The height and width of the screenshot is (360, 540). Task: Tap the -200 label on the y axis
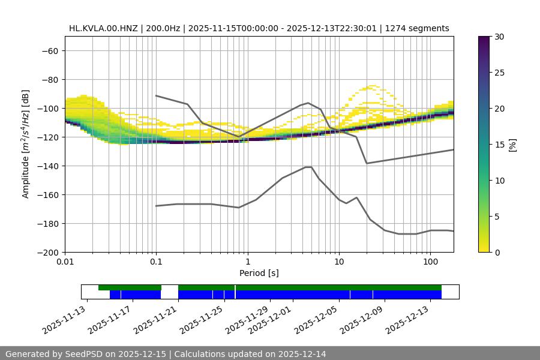[x=47, y=252]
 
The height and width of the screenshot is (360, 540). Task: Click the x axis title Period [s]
[x=259, y=273]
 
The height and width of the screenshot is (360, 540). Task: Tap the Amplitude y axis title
[x=26, y=144]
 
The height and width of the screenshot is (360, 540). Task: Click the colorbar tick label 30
[x=499, y=37]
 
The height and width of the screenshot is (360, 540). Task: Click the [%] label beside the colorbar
[x=512, y=145]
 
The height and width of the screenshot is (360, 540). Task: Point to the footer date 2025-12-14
[x=302, y=354]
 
